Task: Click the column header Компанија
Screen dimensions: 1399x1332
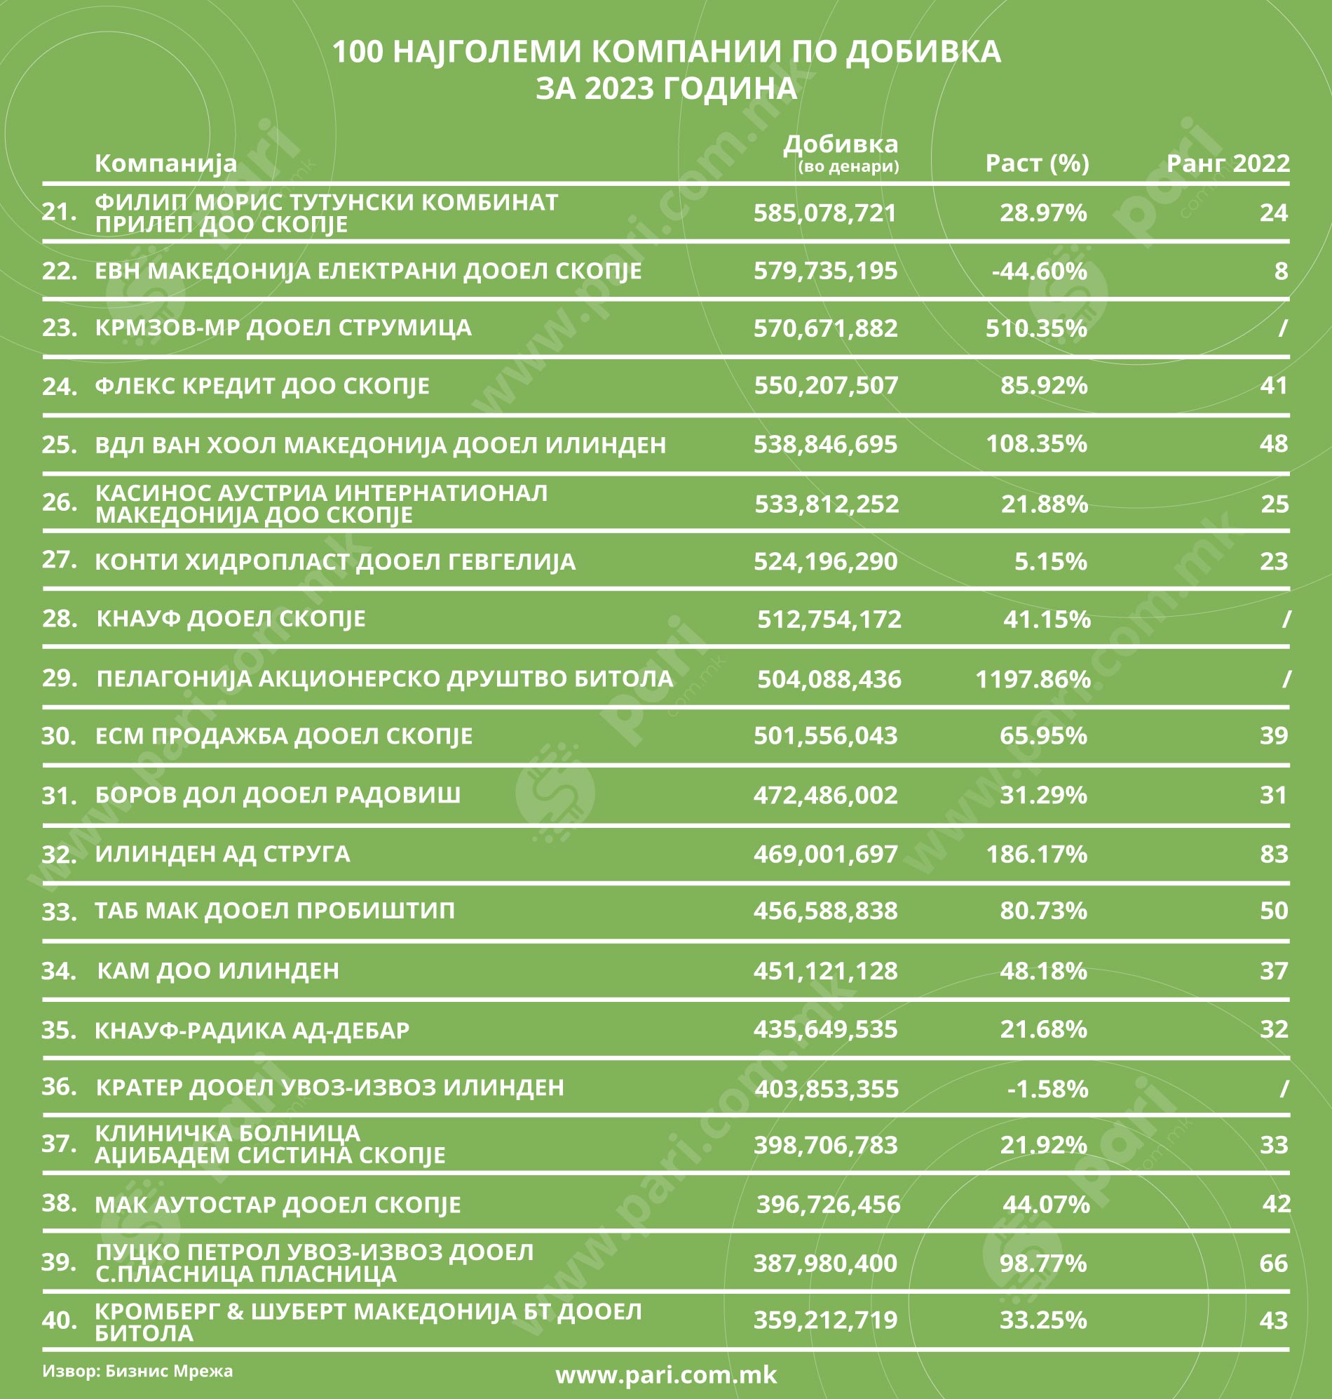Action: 165,163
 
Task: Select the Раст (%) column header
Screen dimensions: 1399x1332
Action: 1037,163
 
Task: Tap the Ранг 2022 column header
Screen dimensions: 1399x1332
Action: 1228,163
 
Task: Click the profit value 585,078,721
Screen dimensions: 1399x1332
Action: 825,213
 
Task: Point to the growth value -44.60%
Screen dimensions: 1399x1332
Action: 1039,271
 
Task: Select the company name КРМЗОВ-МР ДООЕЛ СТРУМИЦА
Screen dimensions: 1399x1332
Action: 283,328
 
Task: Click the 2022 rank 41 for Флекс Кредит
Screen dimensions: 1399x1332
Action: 1273,385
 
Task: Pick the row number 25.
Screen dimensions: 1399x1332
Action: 59,444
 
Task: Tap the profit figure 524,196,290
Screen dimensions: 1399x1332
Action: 825,561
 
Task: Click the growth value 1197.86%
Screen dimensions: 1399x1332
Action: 1033,679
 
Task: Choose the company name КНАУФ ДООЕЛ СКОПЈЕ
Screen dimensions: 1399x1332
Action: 231,619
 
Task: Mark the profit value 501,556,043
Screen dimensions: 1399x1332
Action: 825,735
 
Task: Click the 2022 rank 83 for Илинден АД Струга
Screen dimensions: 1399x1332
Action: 1273,853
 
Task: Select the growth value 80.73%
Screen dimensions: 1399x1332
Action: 1043,910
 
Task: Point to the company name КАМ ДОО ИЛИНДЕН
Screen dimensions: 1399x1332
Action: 217,970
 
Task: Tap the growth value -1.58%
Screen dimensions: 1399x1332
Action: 1047,1088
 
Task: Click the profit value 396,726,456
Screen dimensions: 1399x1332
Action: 828,1205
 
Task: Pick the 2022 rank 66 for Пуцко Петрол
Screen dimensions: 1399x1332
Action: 1273,1264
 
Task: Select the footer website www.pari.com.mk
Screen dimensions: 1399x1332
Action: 666,1375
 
